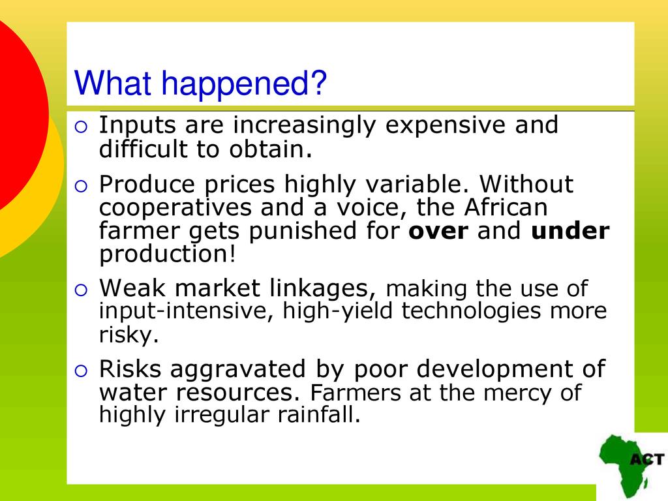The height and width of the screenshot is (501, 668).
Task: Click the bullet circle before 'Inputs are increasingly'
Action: [x=81, y=127]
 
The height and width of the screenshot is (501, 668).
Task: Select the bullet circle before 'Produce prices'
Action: [x=81, y=186]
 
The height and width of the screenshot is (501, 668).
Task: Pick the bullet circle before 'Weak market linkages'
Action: [x=81, y=290]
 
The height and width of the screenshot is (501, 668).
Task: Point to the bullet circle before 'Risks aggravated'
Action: [x=81, y=371]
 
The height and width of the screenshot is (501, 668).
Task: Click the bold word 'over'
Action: [x=438, y=232]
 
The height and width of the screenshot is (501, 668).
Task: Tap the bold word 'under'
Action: [x=570, y=230]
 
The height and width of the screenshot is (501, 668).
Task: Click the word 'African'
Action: [x=506, y=207]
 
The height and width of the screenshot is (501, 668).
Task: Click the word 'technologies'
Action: [x=471, y=311]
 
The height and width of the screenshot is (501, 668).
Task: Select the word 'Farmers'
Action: [x=356, y=393]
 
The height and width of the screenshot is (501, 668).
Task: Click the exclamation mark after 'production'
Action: [x=232, y=254]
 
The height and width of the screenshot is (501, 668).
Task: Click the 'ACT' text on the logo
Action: [x=647, y=460]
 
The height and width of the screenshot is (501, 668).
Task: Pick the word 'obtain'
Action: [x=267, y=149]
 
